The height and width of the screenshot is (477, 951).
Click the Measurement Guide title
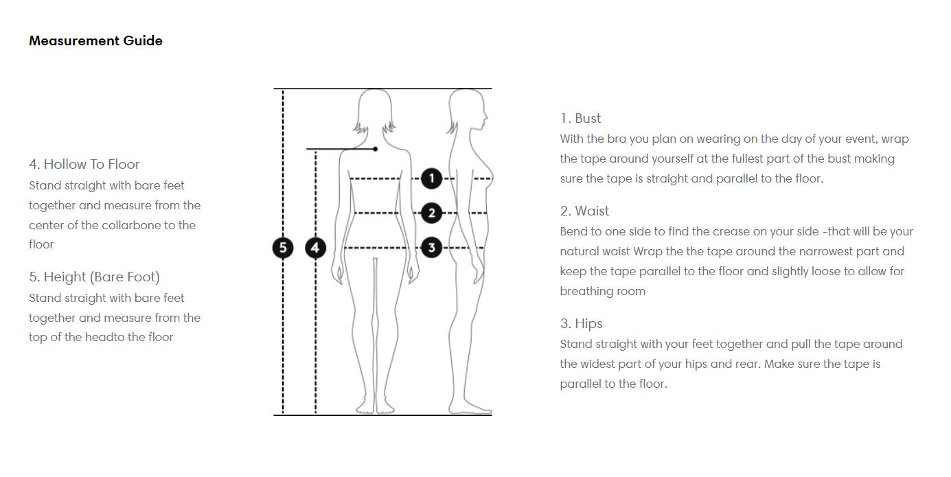pos(95,40)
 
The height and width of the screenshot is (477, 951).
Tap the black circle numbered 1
pos(431,178)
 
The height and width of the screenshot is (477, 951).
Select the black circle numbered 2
pos(431,213)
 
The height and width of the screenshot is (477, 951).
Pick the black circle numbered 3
pos(431,247)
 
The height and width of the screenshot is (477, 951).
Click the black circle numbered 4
pos(315,248)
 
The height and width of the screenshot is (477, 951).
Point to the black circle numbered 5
pos(283,248)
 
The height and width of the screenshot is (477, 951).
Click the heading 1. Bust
pos(580,119)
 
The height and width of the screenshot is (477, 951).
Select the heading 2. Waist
pos(584,211)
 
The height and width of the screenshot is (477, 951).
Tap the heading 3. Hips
pos(581,324)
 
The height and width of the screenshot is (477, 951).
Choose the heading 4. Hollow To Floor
pos(84,164)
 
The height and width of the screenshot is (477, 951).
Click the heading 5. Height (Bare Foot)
pos(94,277)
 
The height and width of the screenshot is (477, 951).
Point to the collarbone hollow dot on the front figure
pos(376,149)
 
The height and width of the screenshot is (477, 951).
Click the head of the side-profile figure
pos(468,110)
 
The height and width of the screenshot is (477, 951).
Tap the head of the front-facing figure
pos(375,110)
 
